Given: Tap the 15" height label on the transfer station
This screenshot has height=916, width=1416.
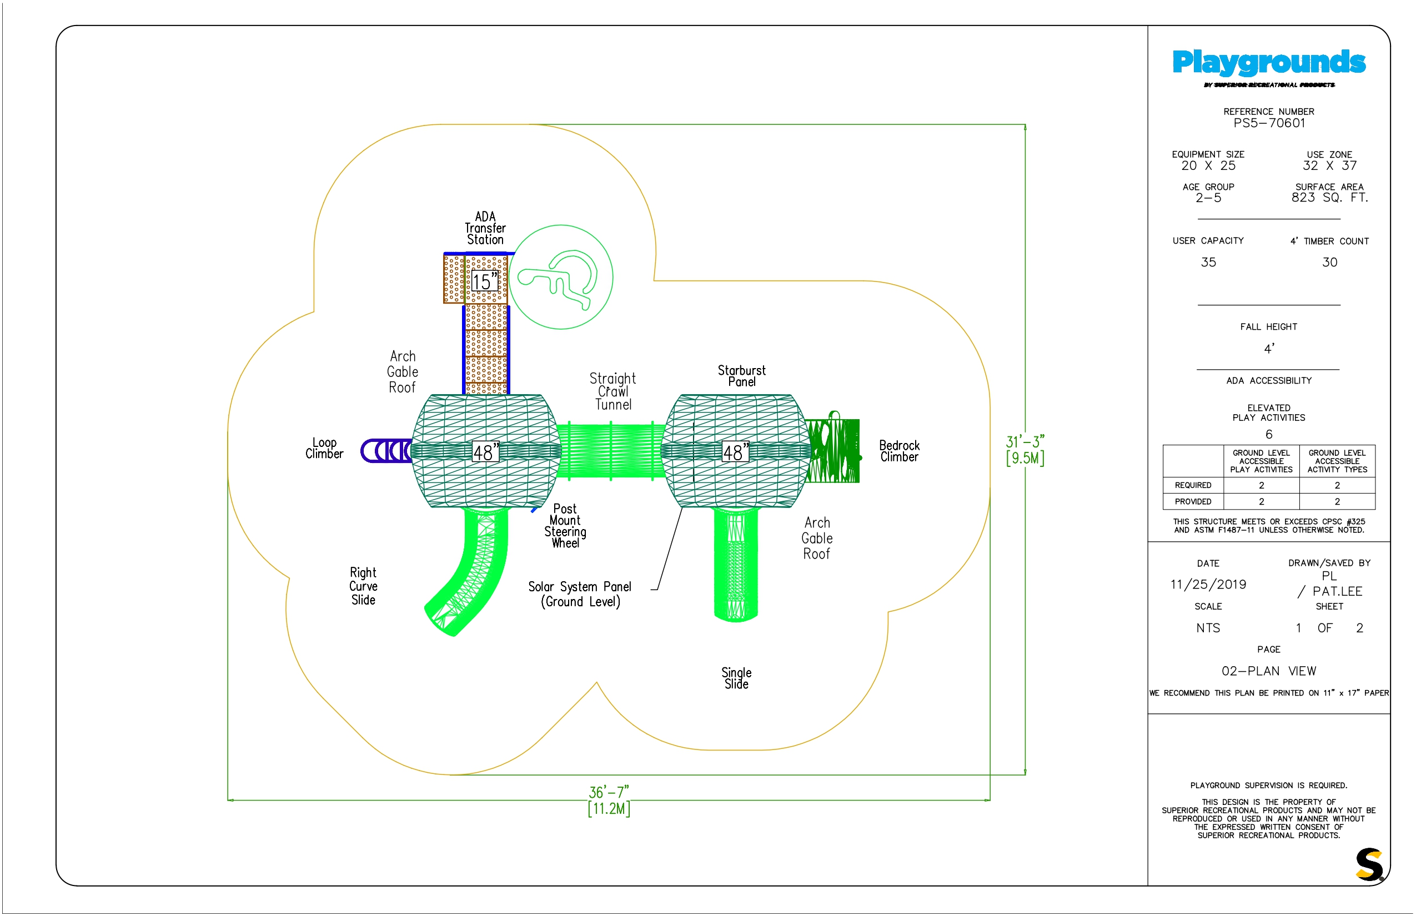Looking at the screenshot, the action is click(x=484, y=281).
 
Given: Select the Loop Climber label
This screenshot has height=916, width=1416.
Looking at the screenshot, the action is click(x=324, y=448).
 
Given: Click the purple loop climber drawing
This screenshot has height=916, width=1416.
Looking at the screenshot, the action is click(x=385, y=451).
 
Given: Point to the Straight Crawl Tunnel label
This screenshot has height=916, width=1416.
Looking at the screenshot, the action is click(x=613, y=391).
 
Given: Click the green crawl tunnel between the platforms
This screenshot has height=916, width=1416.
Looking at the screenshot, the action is click(x=611, y=450).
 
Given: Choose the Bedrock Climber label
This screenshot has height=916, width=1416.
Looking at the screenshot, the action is click(x=899, y=451).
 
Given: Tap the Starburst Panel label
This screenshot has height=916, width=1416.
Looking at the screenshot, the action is click(x=741, y=375).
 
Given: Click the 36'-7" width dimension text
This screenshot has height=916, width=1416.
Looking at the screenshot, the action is click(x=609, y=792).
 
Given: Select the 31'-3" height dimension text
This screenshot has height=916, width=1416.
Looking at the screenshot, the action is click(x=1025, y=441).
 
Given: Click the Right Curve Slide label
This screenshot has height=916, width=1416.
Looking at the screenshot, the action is click(x=363, y=586).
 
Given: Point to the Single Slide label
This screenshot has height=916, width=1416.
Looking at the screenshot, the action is click(x=736, y=678).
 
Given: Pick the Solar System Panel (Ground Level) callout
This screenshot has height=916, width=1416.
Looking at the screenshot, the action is click(x=580, y=593).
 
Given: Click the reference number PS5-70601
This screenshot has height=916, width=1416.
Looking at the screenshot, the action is click(x=1269, y=123).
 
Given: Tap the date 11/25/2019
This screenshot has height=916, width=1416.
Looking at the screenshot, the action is click(x=1208, y=584).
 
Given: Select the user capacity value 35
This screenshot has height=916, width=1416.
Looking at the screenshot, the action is click(x=1208, y=262).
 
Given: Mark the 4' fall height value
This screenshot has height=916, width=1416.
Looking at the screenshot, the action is click(x=1269, y=349).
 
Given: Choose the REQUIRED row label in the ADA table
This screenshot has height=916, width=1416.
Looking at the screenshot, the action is click(x=1193, y=485).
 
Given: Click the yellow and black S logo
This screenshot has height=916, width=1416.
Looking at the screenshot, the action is click(x=1369, y=865).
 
